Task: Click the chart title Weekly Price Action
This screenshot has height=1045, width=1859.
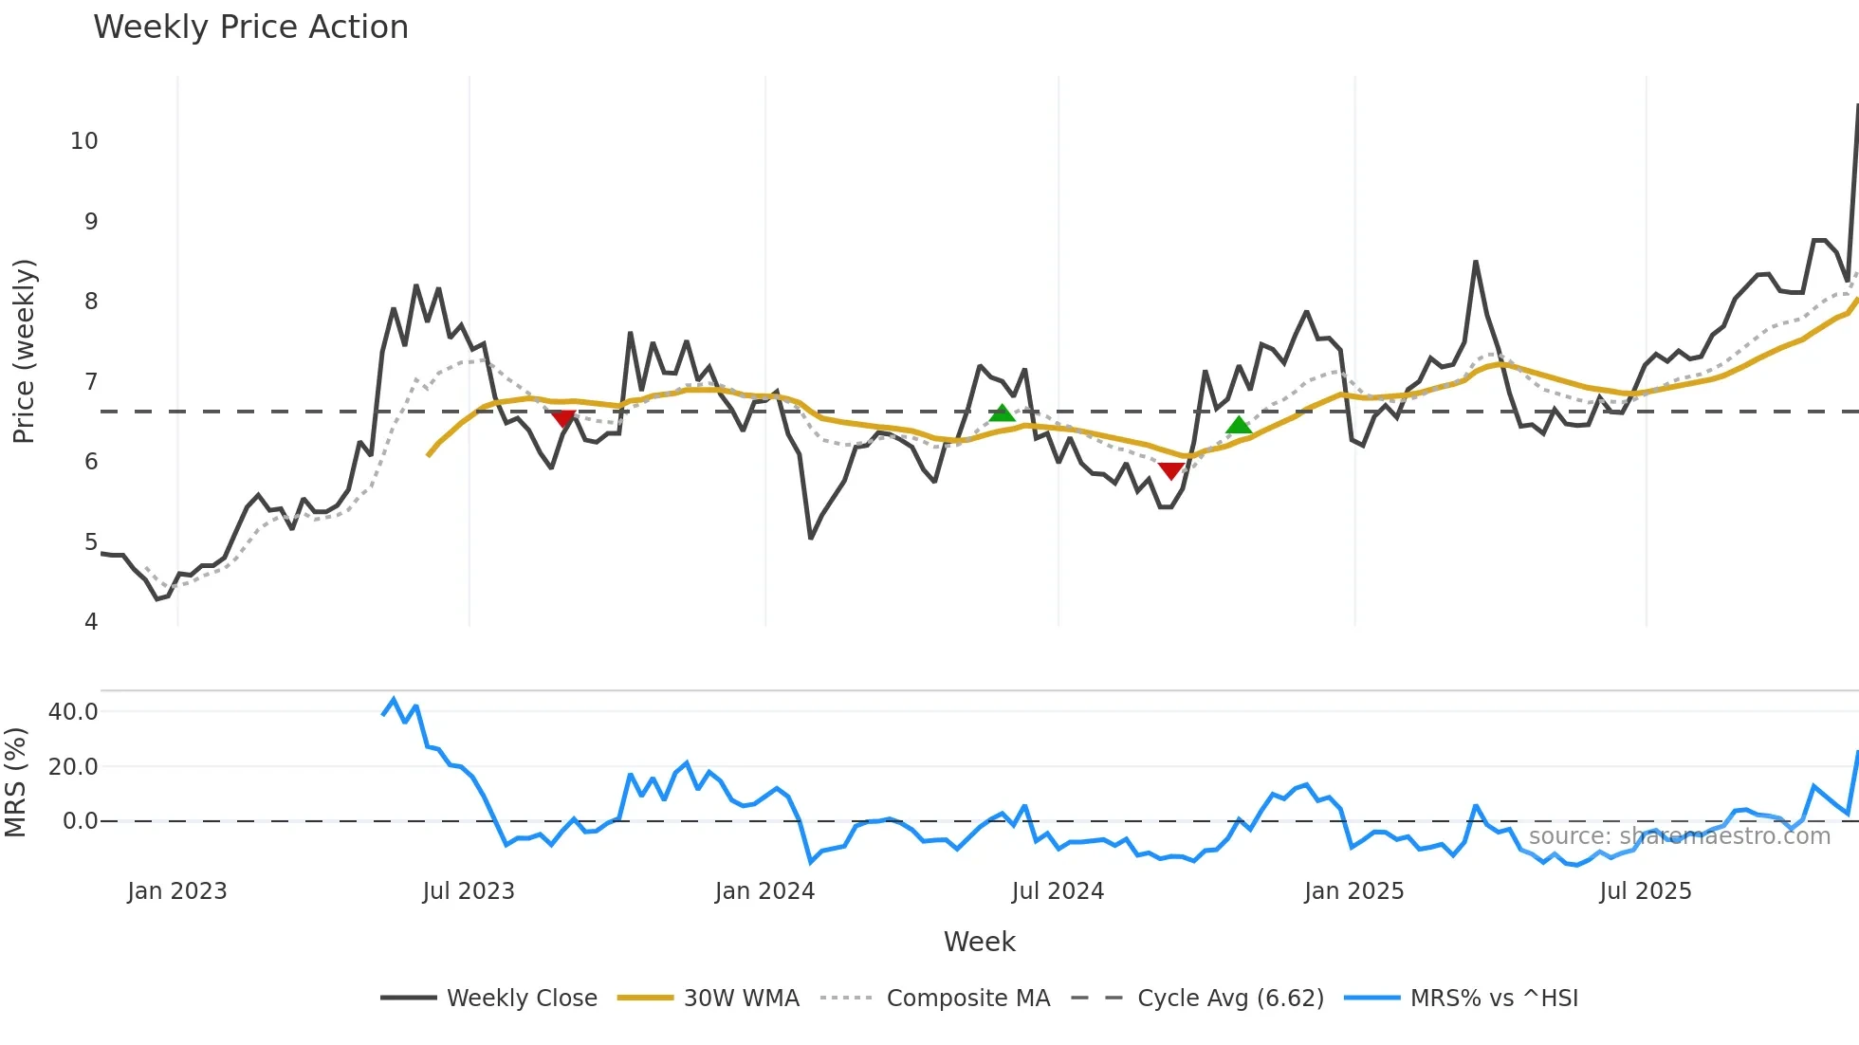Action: [250, 27]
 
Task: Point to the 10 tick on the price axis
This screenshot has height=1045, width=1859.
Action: [84, 141]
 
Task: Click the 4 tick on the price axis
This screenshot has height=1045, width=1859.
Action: [91, 622]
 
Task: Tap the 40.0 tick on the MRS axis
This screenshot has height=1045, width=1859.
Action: [73, 712]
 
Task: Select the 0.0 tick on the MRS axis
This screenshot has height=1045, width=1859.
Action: [80, 821]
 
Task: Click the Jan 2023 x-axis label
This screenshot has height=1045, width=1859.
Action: [177, 891]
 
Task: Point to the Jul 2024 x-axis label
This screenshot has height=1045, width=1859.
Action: [1058, 891]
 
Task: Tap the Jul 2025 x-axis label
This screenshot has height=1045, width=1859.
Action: [1646, 891]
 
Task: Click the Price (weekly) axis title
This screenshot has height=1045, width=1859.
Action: [24, 351]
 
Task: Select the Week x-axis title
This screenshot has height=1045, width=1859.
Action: [979, 942]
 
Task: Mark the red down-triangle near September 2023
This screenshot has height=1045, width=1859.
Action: [563, 418]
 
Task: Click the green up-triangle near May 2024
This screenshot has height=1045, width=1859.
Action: [1002, 412]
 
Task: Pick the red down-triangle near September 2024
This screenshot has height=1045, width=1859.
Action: [1171, 470]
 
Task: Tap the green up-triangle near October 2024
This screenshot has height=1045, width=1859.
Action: [1239, 425]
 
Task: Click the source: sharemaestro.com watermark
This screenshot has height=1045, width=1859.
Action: [1679, 836]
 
